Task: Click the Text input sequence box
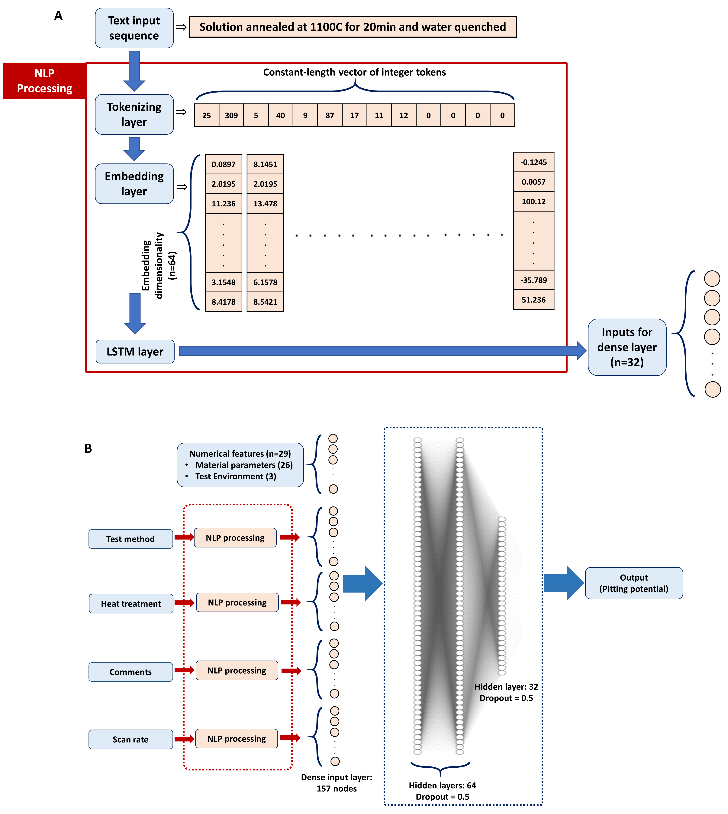click(x=134, y=28)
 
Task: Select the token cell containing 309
click(x=231, y=115)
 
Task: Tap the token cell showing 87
click(x=330, y=115)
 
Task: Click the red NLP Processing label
click(x=44, y=80)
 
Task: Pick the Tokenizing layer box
click(x=134, y=114)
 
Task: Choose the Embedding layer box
click(x=134, y=183)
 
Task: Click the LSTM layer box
click(x=135, y=352)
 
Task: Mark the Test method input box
click(x=130, y=539)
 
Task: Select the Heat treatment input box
click(x=131, y=603)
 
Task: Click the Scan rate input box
click(x=130, y=739)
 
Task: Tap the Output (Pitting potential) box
click(x=634, y=583)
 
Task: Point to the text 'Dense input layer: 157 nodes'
click(x=336, y=782)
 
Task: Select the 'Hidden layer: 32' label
click(x=506, y=687)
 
